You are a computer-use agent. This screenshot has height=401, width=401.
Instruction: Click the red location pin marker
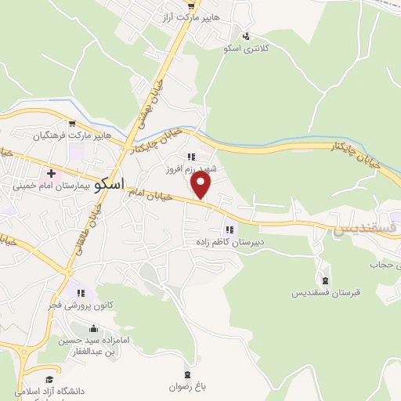202,186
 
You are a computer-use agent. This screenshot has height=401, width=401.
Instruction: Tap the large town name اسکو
109,186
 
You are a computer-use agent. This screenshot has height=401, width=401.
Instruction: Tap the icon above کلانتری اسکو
246,35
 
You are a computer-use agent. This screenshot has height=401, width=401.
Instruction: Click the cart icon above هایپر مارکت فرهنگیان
71,123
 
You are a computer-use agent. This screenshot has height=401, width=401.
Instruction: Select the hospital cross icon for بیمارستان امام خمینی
52,173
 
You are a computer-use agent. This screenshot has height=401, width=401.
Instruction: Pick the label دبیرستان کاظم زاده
229,243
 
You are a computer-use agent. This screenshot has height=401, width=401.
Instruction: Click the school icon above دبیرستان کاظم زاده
229,230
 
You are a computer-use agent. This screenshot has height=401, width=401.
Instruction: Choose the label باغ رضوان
186,385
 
